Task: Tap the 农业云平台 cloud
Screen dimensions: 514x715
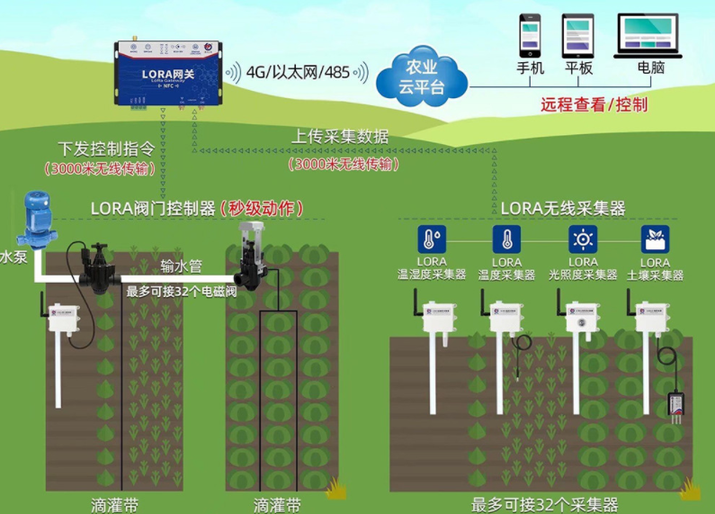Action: point(422,76)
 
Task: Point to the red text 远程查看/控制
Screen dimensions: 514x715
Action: point(594,104)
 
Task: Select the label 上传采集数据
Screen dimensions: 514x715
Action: point(340,137)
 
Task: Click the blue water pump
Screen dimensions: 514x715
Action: point(37,220)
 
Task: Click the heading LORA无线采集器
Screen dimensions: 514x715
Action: point(562,209)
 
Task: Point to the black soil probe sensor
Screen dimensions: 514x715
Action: point(675,404)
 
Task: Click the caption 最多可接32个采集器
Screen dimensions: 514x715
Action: point(544,504)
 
